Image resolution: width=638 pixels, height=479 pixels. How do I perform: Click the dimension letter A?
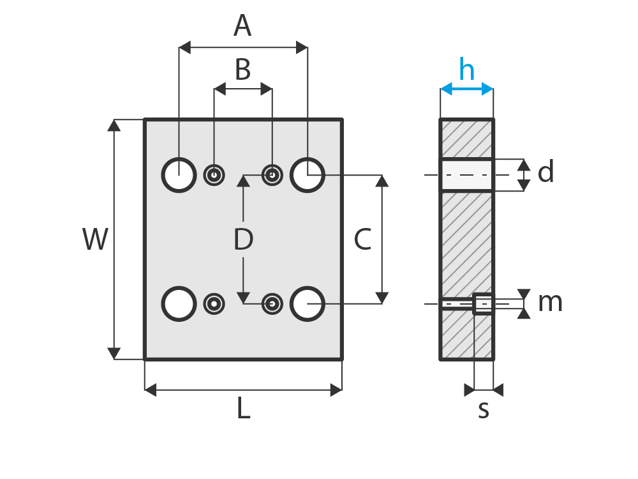242,26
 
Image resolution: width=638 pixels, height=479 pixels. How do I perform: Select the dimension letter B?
243,70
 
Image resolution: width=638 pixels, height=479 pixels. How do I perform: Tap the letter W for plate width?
95,239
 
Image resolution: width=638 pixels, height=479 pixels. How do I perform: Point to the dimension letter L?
243,407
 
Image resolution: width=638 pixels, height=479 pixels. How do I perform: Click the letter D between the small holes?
243,239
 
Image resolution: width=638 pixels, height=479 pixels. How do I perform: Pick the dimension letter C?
362,239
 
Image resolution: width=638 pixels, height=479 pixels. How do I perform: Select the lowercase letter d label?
545,171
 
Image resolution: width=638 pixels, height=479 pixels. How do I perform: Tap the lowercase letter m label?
550,303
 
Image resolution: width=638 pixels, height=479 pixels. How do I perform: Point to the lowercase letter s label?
484,410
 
